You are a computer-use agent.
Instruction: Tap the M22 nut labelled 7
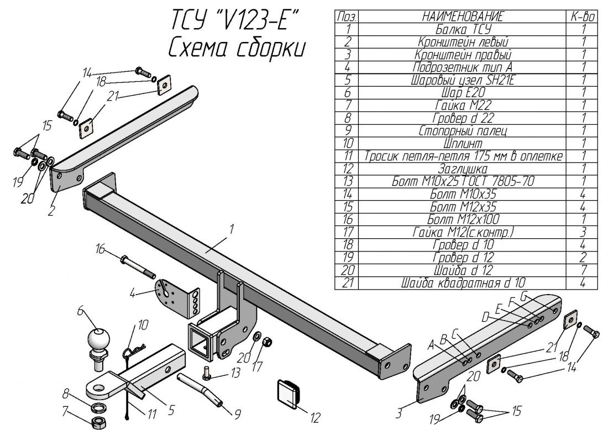[x=98, y=421]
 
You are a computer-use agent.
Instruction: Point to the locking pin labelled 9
[x=201, y=389]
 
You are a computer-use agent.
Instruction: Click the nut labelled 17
[x=265, y=342]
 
